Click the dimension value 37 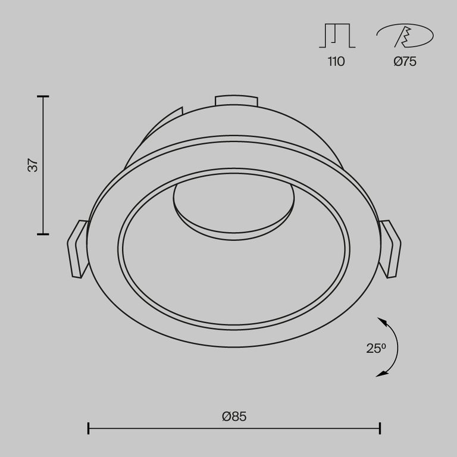(35, 165)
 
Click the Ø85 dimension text (234, 417)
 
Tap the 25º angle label (376, 349)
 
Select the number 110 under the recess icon (336, 61)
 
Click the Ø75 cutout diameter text (405, 61)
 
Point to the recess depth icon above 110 (337, 36)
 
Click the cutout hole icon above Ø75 (405, 37)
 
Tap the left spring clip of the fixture (77, 249)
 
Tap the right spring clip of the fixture (391, 249)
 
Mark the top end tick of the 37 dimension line (43, 96)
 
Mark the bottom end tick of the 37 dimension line (43, 234)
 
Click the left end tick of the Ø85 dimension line (88, 428)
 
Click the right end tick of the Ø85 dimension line (380, 428)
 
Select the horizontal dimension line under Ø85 (234, 428)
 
